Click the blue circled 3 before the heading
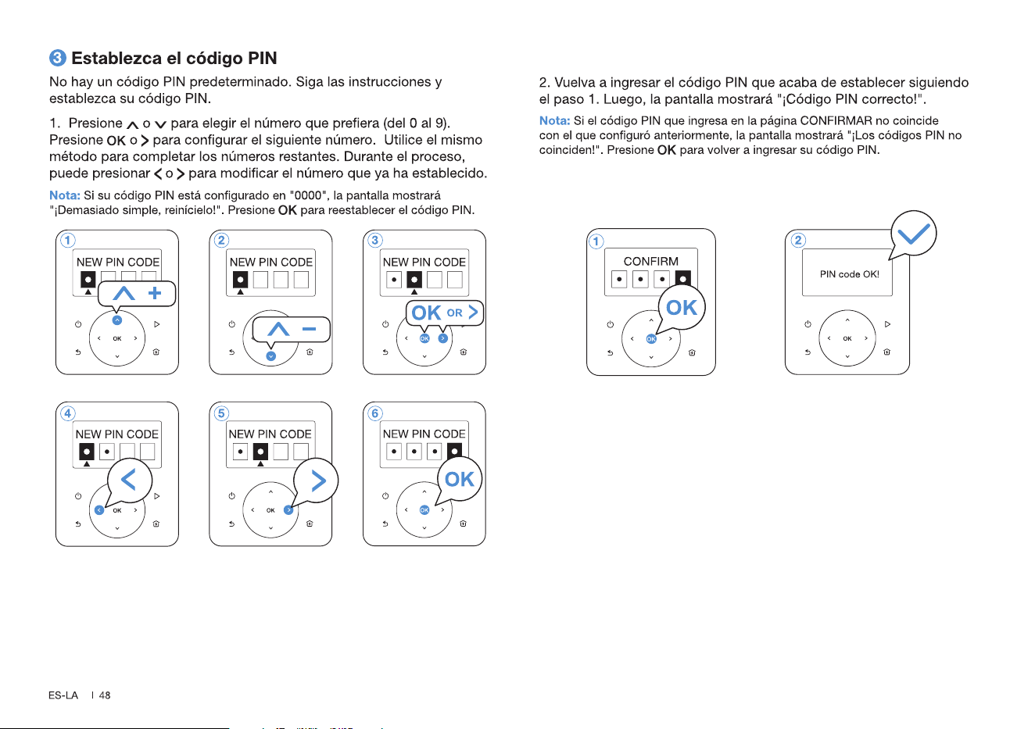(58, 58)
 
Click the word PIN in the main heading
(262, 58)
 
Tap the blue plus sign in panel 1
(155, 293)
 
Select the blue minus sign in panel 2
(309, 329)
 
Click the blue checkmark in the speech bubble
(914, 234)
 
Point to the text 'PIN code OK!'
(849, 274)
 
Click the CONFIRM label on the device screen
(651, 262)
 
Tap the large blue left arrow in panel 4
(128, 480)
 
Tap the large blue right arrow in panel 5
(318, 481)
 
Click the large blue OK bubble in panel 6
(459, 479)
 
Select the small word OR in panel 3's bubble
(454, 313)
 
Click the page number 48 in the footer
(105, 695)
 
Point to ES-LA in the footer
(63, 695)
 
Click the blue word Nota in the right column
(554, 121)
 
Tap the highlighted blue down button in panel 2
(270, 356)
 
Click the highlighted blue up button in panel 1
(117, 320)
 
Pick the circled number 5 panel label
(221, 413)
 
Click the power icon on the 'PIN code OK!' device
(808, 323)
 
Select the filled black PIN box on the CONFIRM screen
(683, 279)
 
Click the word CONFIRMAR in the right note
(836, 121)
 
